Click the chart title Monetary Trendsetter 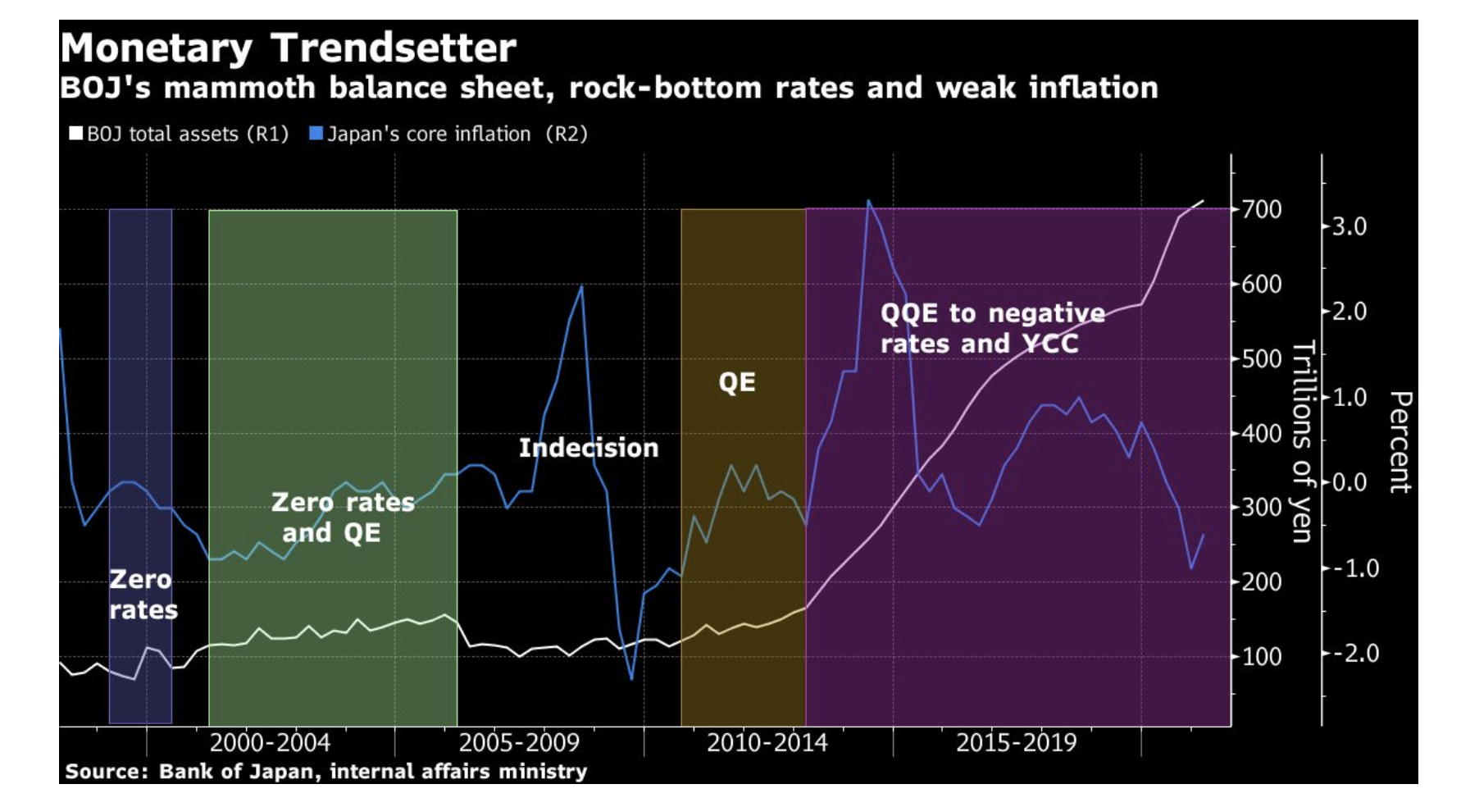point(288,48)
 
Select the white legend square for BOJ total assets point(76,133)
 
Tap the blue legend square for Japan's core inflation point(316,133)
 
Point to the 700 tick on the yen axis point(1261,210)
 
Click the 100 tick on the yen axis point(1261,656)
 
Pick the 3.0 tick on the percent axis point(1349,226)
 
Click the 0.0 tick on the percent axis point(1349,482)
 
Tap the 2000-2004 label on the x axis point(270,743)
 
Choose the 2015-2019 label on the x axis point(1016,743)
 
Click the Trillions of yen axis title point(1303,441)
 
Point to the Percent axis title point(1400,441)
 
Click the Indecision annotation point(589,448)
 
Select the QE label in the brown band point(737,382)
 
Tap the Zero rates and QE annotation point(342,517)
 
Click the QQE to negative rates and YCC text point(991,328)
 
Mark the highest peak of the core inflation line point(868,200)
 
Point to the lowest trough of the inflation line point(631,679)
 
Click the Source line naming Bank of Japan point(325,771)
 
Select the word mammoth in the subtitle point(240,88)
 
